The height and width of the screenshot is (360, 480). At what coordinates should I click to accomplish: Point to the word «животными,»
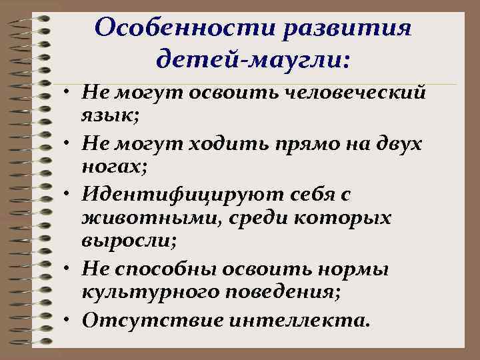[136, 219]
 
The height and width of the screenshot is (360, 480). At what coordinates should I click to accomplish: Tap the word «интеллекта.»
[299, 320]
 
